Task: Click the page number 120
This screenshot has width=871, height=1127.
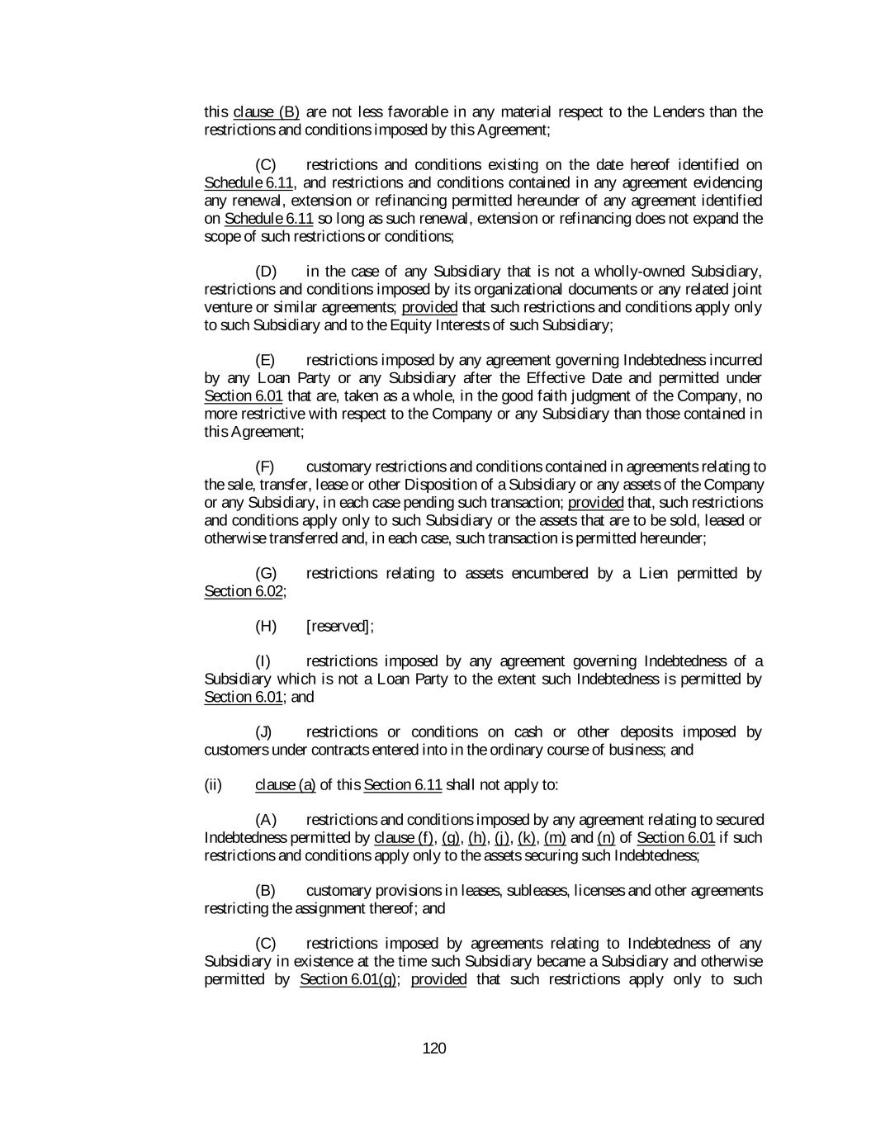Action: click(433, 1049)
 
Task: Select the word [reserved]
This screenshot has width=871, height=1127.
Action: click(338, 626)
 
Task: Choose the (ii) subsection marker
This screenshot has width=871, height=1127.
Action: click(213, 784)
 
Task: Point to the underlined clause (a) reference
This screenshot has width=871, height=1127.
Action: click(286, 784)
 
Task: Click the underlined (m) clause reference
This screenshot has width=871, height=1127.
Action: click(555, 838)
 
